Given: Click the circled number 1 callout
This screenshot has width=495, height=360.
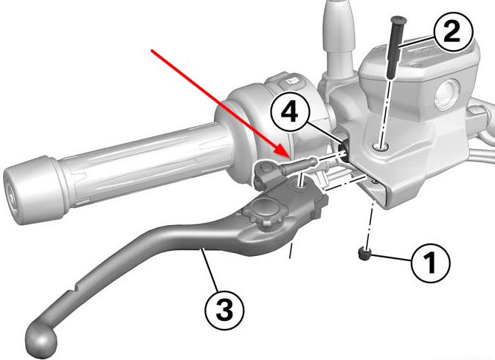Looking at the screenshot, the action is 431,263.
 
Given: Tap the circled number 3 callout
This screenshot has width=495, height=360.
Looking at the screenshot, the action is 224,310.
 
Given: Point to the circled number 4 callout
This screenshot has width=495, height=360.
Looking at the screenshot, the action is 290,112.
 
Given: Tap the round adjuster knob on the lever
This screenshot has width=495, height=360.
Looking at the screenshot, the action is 263,212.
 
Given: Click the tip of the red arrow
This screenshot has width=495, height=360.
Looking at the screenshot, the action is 289,157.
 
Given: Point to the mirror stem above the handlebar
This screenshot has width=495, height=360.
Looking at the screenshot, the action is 339,38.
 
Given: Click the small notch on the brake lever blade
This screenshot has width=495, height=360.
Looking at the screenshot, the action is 75,289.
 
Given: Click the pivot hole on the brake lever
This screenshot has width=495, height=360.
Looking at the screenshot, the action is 299,182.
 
